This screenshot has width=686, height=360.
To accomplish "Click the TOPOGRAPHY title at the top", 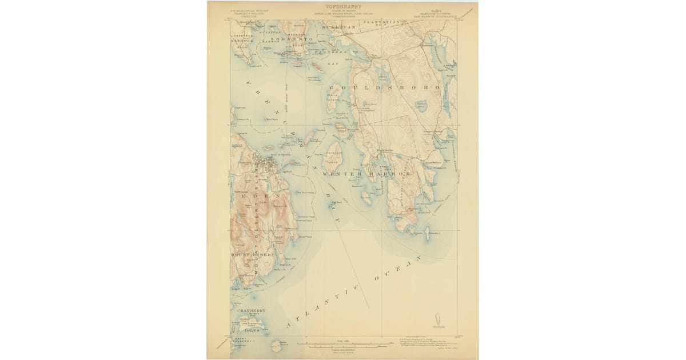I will [343, 8].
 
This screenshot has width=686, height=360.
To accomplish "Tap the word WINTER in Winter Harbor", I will [341, 173].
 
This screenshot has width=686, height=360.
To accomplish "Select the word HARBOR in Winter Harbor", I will [391, 173].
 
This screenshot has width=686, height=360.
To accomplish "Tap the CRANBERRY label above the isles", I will [248, 310].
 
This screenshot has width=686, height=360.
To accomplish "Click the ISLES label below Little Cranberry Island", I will [252, 330].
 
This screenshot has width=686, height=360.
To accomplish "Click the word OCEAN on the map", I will [397, 268].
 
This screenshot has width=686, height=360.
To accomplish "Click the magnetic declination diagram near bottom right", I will [438, 320].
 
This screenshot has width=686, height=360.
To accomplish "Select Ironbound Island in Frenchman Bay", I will [333, 154].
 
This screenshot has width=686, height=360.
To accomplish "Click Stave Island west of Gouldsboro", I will [336, 91].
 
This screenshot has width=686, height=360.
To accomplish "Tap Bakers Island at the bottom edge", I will [280, 345].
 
